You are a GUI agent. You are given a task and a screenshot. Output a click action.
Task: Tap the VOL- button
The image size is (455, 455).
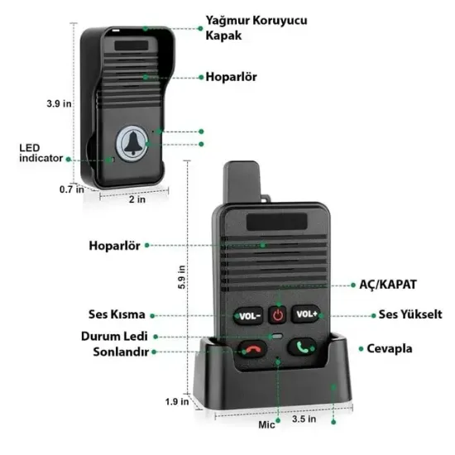coord(249,314)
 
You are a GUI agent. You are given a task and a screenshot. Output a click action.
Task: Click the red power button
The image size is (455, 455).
coord(278,314)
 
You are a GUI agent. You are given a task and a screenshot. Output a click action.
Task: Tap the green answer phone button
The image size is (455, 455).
coord(302,348)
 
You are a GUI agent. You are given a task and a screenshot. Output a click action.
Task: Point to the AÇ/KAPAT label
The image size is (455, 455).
coord(388,284)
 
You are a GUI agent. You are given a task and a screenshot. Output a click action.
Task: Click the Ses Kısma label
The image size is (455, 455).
coord(117,314)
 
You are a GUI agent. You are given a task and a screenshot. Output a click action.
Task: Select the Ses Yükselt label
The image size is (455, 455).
coord(410,314)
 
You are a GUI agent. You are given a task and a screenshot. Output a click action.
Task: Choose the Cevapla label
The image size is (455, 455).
coord(390,349)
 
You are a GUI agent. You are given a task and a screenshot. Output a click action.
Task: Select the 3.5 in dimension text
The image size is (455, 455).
coord(305,420)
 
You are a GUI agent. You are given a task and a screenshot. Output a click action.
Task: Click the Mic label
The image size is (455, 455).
coord(266,424)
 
